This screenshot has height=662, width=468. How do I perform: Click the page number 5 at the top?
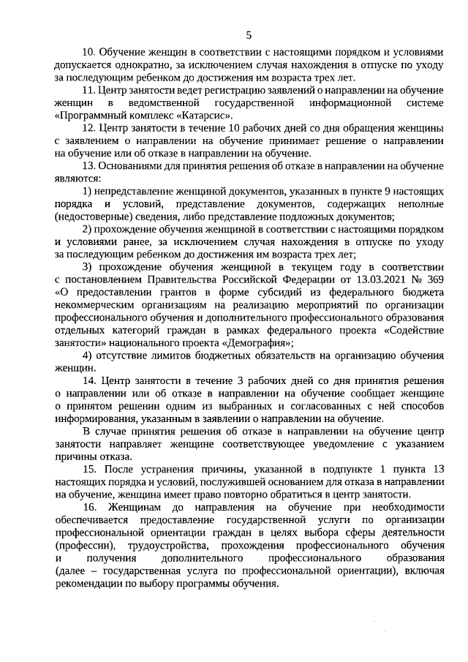248,34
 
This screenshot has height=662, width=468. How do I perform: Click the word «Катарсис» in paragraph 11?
206,115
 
